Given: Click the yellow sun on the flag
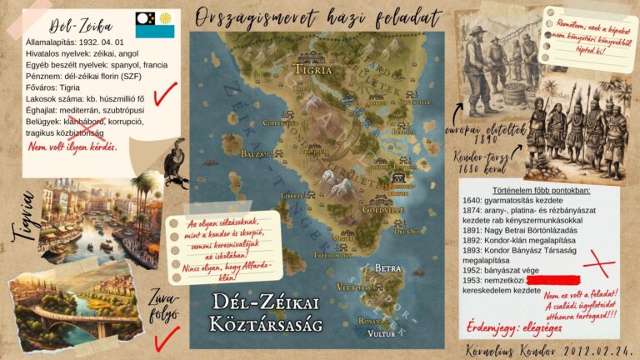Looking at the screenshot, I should (x=166, y=18).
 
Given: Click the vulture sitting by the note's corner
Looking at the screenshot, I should (x=176, y=165).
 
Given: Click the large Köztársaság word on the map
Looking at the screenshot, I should (x=264, y=324).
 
